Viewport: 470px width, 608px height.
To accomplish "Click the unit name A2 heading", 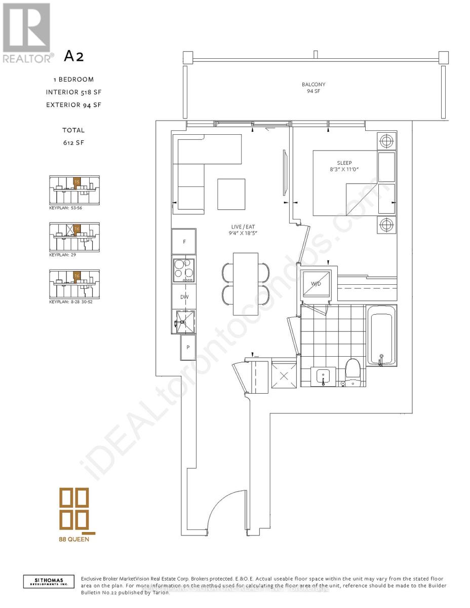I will (74, 56).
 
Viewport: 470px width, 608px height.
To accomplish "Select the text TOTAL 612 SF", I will (74, 136).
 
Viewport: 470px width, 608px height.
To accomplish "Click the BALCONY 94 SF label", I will (314, 88).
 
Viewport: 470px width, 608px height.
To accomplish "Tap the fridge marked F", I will (184, 242).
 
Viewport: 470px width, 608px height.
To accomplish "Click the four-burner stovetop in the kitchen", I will (184, 271).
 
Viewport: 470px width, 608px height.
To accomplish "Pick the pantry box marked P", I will (188, 348).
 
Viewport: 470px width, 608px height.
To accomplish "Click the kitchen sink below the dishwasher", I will (183, 321).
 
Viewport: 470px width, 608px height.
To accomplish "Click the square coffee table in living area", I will (231, 194).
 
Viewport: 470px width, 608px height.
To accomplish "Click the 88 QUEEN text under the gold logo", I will (74, 539).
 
